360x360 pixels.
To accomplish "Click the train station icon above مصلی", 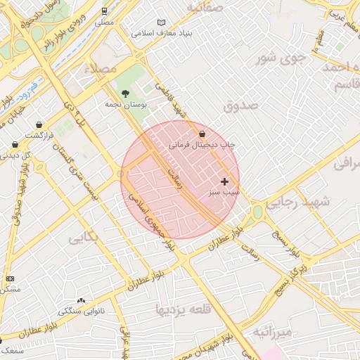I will point(104,11).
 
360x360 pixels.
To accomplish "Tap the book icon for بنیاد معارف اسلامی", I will point(161,22).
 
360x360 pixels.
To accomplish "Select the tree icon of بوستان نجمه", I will point(125,93).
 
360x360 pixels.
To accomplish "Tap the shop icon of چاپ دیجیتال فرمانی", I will point(202,134).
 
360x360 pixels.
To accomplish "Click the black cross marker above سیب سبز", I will point(224,181).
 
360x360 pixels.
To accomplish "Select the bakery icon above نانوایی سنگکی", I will point(81,300).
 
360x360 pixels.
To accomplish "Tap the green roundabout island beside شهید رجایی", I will point(257,212).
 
